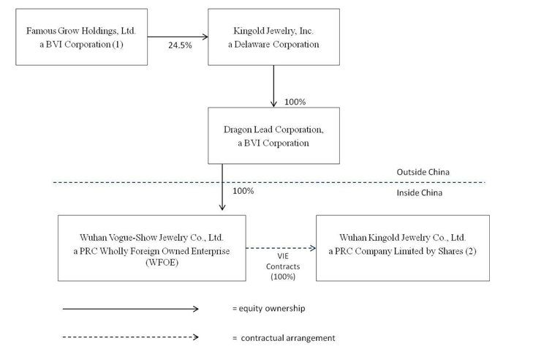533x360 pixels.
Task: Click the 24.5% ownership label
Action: (180, 45)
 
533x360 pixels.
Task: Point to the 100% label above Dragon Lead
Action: (295, 102)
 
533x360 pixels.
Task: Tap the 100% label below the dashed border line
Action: (243, 191)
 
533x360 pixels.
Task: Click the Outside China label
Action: (423, 172)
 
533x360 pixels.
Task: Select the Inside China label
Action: (420, 193)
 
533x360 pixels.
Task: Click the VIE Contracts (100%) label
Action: (283, 266)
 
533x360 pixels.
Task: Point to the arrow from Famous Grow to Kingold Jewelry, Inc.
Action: (178, 37)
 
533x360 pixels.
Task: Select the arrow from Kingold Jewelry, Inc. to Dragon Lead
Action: (273, 86)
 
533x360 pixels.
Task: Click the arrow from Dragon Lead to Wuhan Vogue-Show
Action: (222, 187)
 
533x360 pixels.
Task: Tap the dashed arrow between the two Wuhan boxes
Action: (281, 248)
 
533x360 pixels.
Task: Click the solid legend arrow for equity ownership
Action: (131, 309)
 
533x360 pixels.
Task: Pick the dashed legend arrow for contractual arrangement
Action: (131, 337)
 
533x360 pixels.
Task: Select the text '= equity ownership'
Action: (269, 309)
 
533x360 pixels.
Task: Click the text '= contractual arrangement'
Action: (284, 338)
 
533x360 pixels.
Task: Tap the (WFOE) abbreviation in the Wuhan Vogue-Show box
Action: (162, 263)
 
